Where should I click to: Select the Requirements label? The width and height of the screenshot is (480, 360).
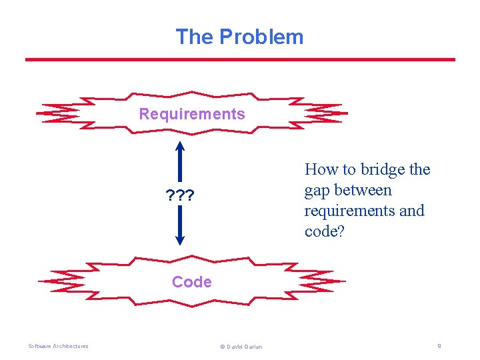tap(192, 114)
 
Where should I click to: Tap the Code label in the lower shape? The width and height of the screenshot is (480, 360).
tap(192, 282)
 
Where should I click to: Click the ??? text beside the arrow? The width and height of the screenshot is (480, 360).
tap(180, 196)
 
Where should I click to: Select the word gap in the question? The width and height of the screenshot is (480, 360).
tap(317, 191)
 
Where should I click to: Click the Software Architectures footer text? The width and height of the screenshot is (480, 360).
tap(58, 346)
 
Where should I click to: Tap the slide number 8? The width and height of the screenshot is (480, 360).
tap(439, 346)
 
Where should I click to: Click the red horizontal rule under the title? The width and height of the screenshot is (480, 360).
tap(240, 60)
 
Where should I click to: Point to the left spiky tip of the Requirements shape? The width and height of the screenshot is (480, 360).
tap(39, 114)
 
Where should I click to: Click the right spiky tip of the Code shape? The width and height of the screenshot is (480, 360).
tap(345, 282)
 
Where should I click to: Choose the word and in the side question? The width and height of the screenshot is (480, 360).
tap(411, 211)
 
